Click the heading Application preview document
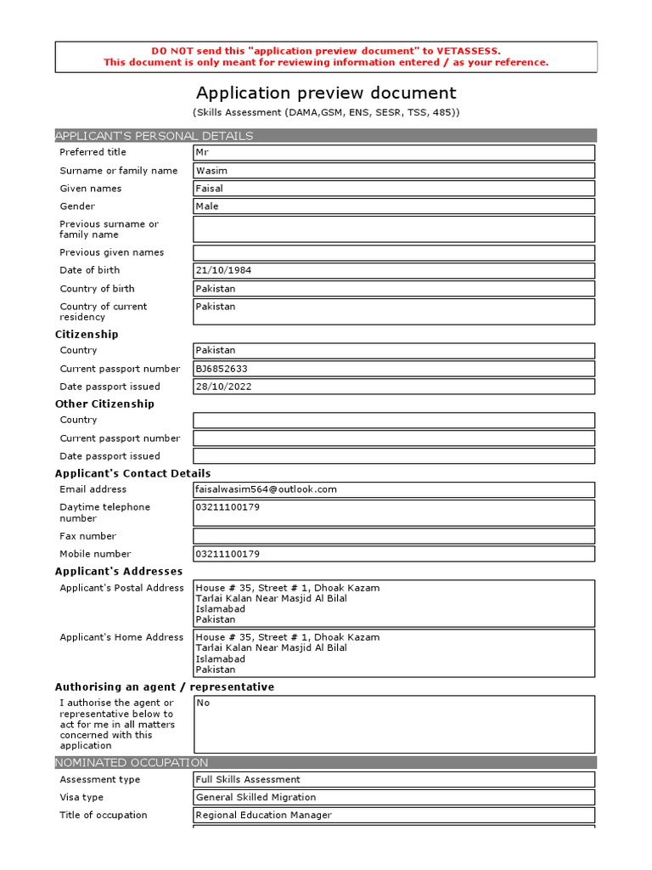[326, 93]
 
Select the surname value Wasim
[211, 171]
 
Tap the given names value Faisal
[210, 189]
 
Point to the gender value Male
[207, 206]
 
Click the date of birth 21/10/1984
[223, 270]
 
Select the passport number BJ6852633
[222, 369]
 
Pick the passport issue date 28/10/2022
[223, 387]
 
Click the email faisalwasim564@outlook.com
[267, 489]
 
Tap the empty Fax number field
[394, 536]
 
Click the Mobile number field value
[228, 554]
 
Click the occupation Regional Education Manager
[263, 815]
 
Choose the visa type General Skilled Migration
[256, 797]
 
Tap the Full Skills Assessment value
[248, 779]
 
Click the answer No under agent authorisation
[203, 703]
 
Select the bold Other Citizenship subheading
[104, 404]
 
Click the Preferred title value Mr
[201, 153]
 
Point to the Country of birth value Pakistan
[216, 289]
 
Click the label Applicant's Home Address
[121, 637]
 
